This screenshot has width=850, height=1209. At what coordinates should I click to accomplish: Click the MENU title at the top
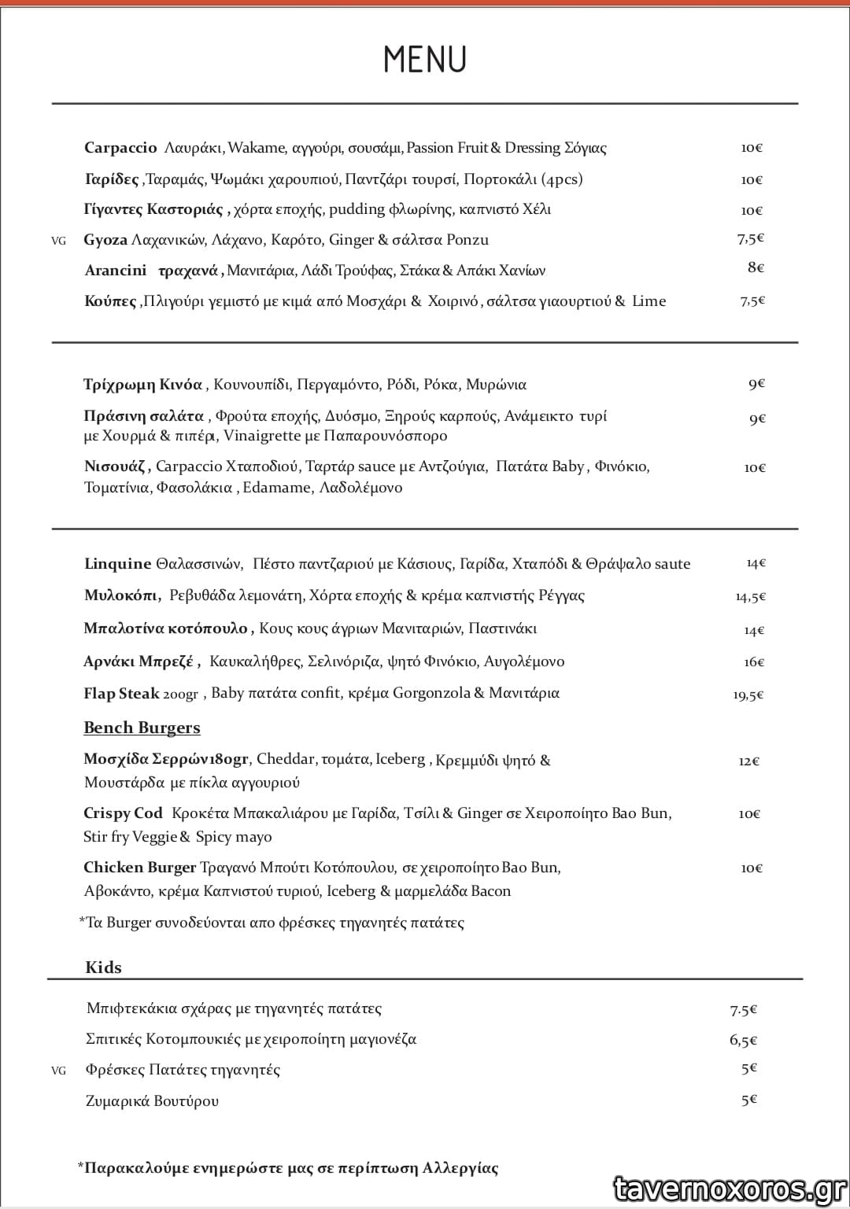pyautogui.click(x=425, y=59)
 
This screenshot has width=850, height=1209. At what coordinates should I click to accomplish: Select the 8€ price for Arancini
pyautogui.click(x=756, y=267)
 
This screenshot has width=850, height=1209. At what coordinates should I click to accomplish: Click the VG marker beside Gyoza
pyautogui.click(x=58, y=241)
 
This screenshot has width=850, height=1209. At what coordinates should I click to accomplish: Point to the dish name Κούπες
pyautogui.click(x=110, y=301)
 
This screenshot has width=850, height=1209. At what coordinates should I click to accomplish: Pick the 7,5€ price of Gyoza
pyautogui.click(x=751, y=238)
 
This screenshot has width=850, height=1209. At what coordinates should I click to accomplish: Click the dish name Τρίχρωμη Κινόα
pyautogui.click(x=142, y=385)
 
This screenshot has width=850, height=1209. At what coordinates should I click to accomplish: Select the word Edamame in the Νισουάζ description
pyautogui.click(x=276, y=488)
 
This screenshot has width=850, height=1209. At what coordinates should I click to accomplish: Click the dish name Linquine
pyautogui.click(x=117, y=564)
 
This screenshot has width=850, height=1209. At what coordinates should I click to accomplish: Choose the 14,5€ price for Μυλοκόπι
pyautogui.click(x=751, y=597)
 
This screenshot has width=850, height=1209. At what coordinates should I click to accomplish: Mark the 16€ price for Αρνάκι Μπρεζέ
pyautogui.click(x=754, y=662)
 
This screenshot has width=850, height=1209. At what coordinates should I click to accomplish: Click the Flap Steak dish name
pyautogui.click(x=121, y=694)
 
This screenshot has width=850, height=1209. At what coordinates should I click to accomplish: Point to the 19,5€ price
pyautogui.click(x=748, y=695)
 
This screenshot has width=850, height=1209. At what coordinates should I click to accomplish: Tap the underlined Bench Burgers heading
pyautogui.click(x=142, y=728)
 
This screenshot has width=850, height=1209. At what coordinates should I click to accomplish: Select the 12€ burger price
pyautogui.click(x=749, y=761)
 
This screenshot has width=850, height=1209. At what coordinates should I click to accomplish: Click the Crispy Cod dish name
pyautogui.click(x=123, y=813)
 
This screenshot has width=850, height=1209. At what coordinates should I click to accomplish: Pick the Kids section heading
pyautogui.click(x=103, y=968)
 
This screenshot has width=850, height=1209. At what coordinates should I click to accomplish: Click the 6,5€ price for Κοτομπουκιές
pyautogui.click(x=743, y=1041)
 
